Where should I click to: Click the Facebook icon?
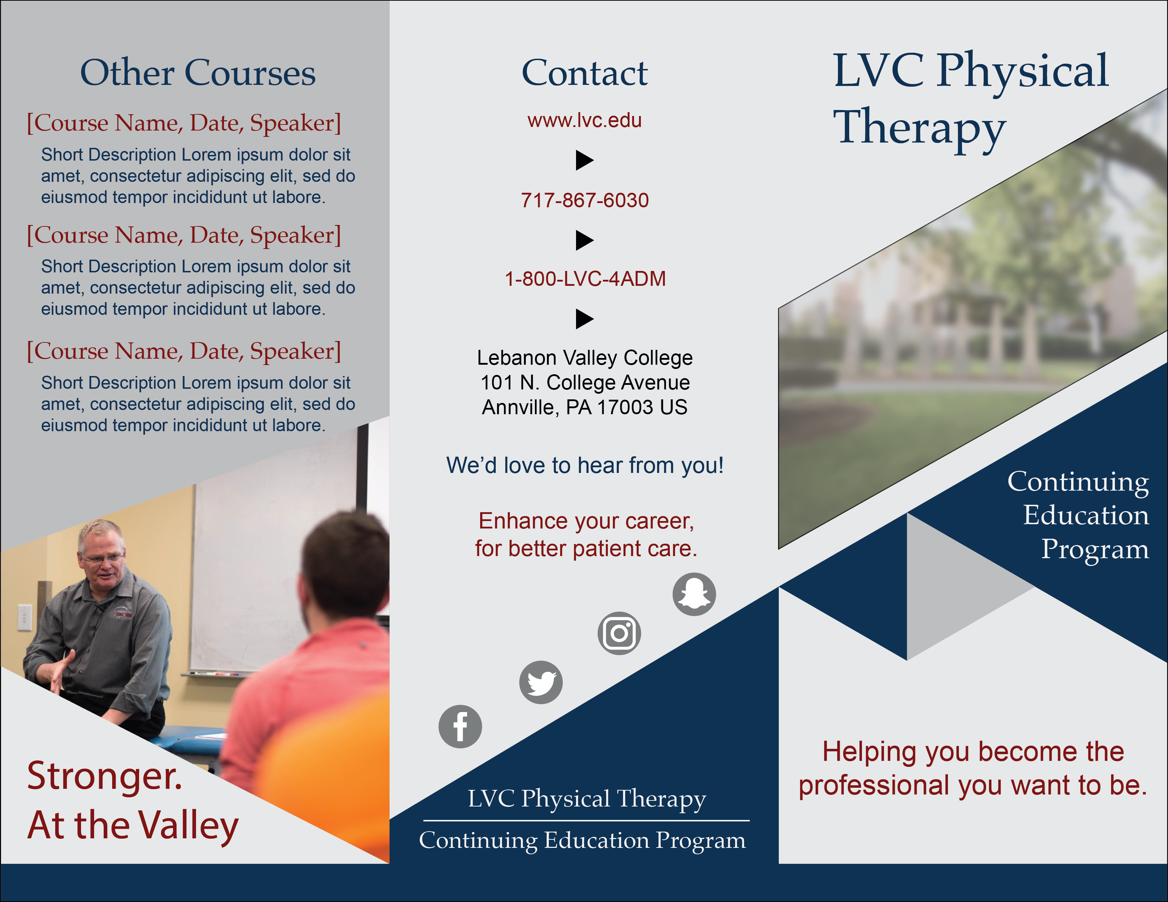click(x=460, y=727)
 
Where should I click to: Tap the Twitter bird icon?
click(x=541, y=682)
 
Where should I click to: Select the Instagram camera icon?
click(x=619, y=633)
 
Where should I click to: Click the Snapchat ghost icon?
click(x=694, y=594)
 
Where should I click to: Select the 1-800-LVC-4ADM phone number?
click(x=585, y=279)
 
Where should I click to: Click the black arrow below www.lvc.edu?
click(x=585, y=160)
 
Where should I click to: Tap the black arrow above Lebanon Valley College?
click(x=585, y=319)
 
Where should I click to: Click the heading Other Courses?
click(x=198, y=73)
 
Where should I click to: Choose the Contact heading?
click(x=585, y=73)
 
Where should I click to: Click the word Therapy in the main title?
click(x=919, y=128)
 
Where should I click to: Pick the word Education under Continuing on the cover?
click(x=1086, y=515)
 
